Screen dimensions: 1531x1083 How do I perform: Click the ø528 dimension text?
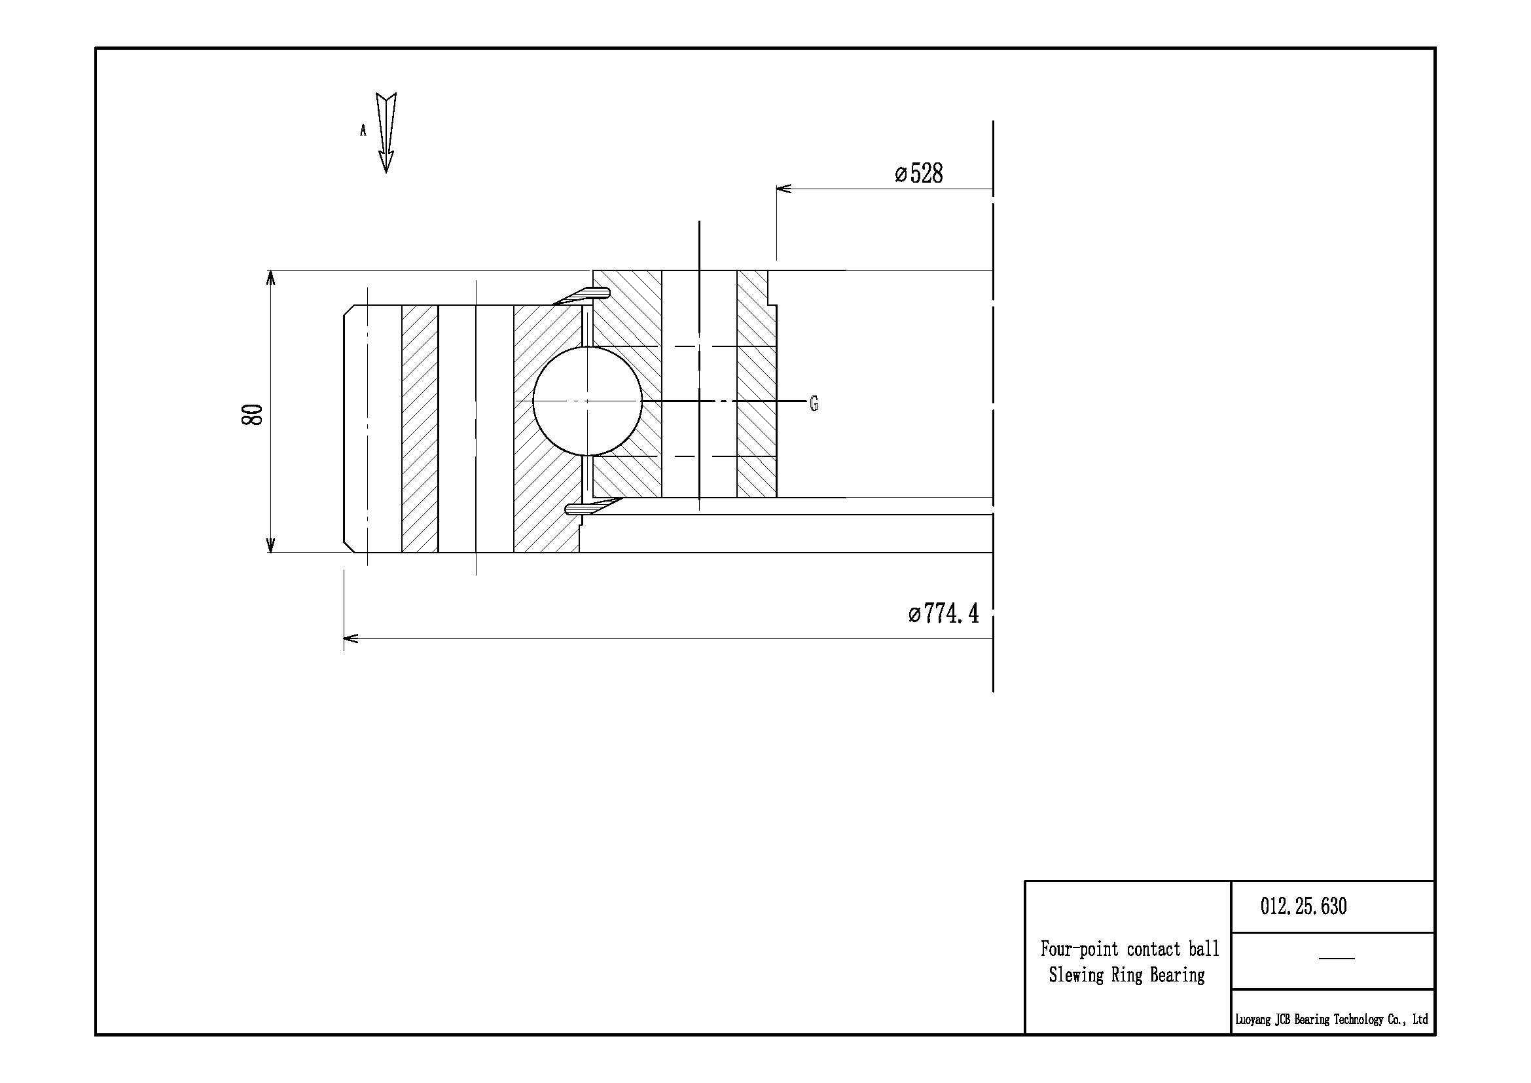tap(919, 174)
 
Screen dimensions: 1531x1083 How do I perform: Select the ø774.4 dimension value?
tap(944, 613)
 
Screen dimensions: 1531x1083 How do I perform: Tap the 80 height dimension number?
tap(253, 414)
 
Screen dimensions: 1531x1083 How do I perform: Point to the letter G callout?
tap(814, 403)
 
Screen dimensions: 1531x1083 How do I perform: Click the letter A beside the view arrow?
tap(363, 131)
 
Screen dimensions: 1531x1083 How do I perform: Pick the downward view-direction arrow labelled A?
tap(386, 133)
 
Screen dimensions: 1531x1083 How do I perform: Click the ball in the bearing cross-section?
tap(587, 401)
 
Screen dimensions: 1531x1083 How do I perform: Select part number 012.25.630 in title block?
tap(1304, 906)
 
